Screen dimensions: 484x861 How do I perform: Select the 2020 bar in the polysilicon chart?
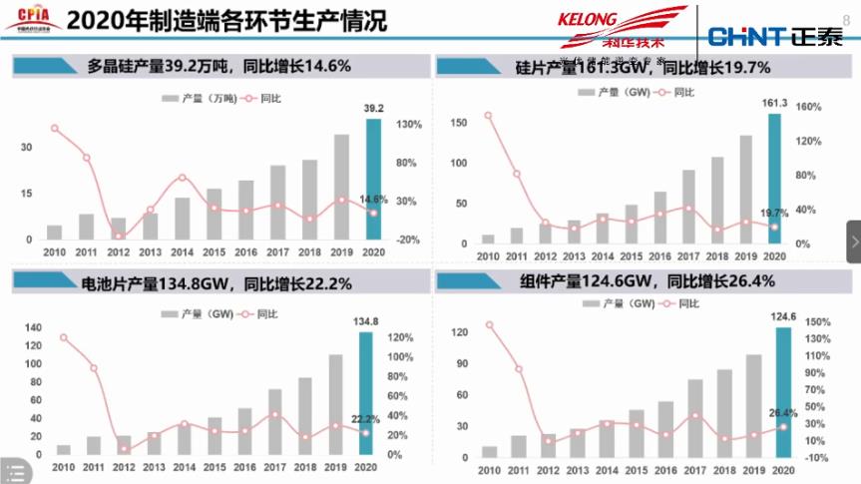[373, 180]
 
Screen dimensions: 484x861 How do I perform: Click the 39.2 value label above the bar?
[373, 109]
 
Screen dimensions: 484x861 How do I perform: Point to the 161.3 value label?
[774, 103]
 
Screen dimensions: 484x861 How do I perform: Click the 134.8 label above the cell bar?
[367, 321]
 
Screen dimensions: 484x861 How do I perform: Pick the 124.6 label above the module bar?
[783, 317]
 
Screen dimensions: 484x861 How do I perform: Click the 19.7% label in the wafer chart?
[774, 213]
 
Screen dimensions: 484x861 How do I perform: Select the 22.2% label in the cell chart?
[366, 419]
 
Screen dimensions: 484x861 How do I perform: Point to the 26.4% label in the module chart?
[782, 413]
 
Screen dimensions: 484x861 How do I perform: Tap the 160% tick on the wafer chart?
[808, 107]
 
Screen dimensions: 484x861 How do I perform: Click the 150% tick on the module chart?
[817, 322]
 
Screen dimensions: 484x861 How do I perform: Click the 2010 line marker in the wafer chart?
[488, 115]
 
